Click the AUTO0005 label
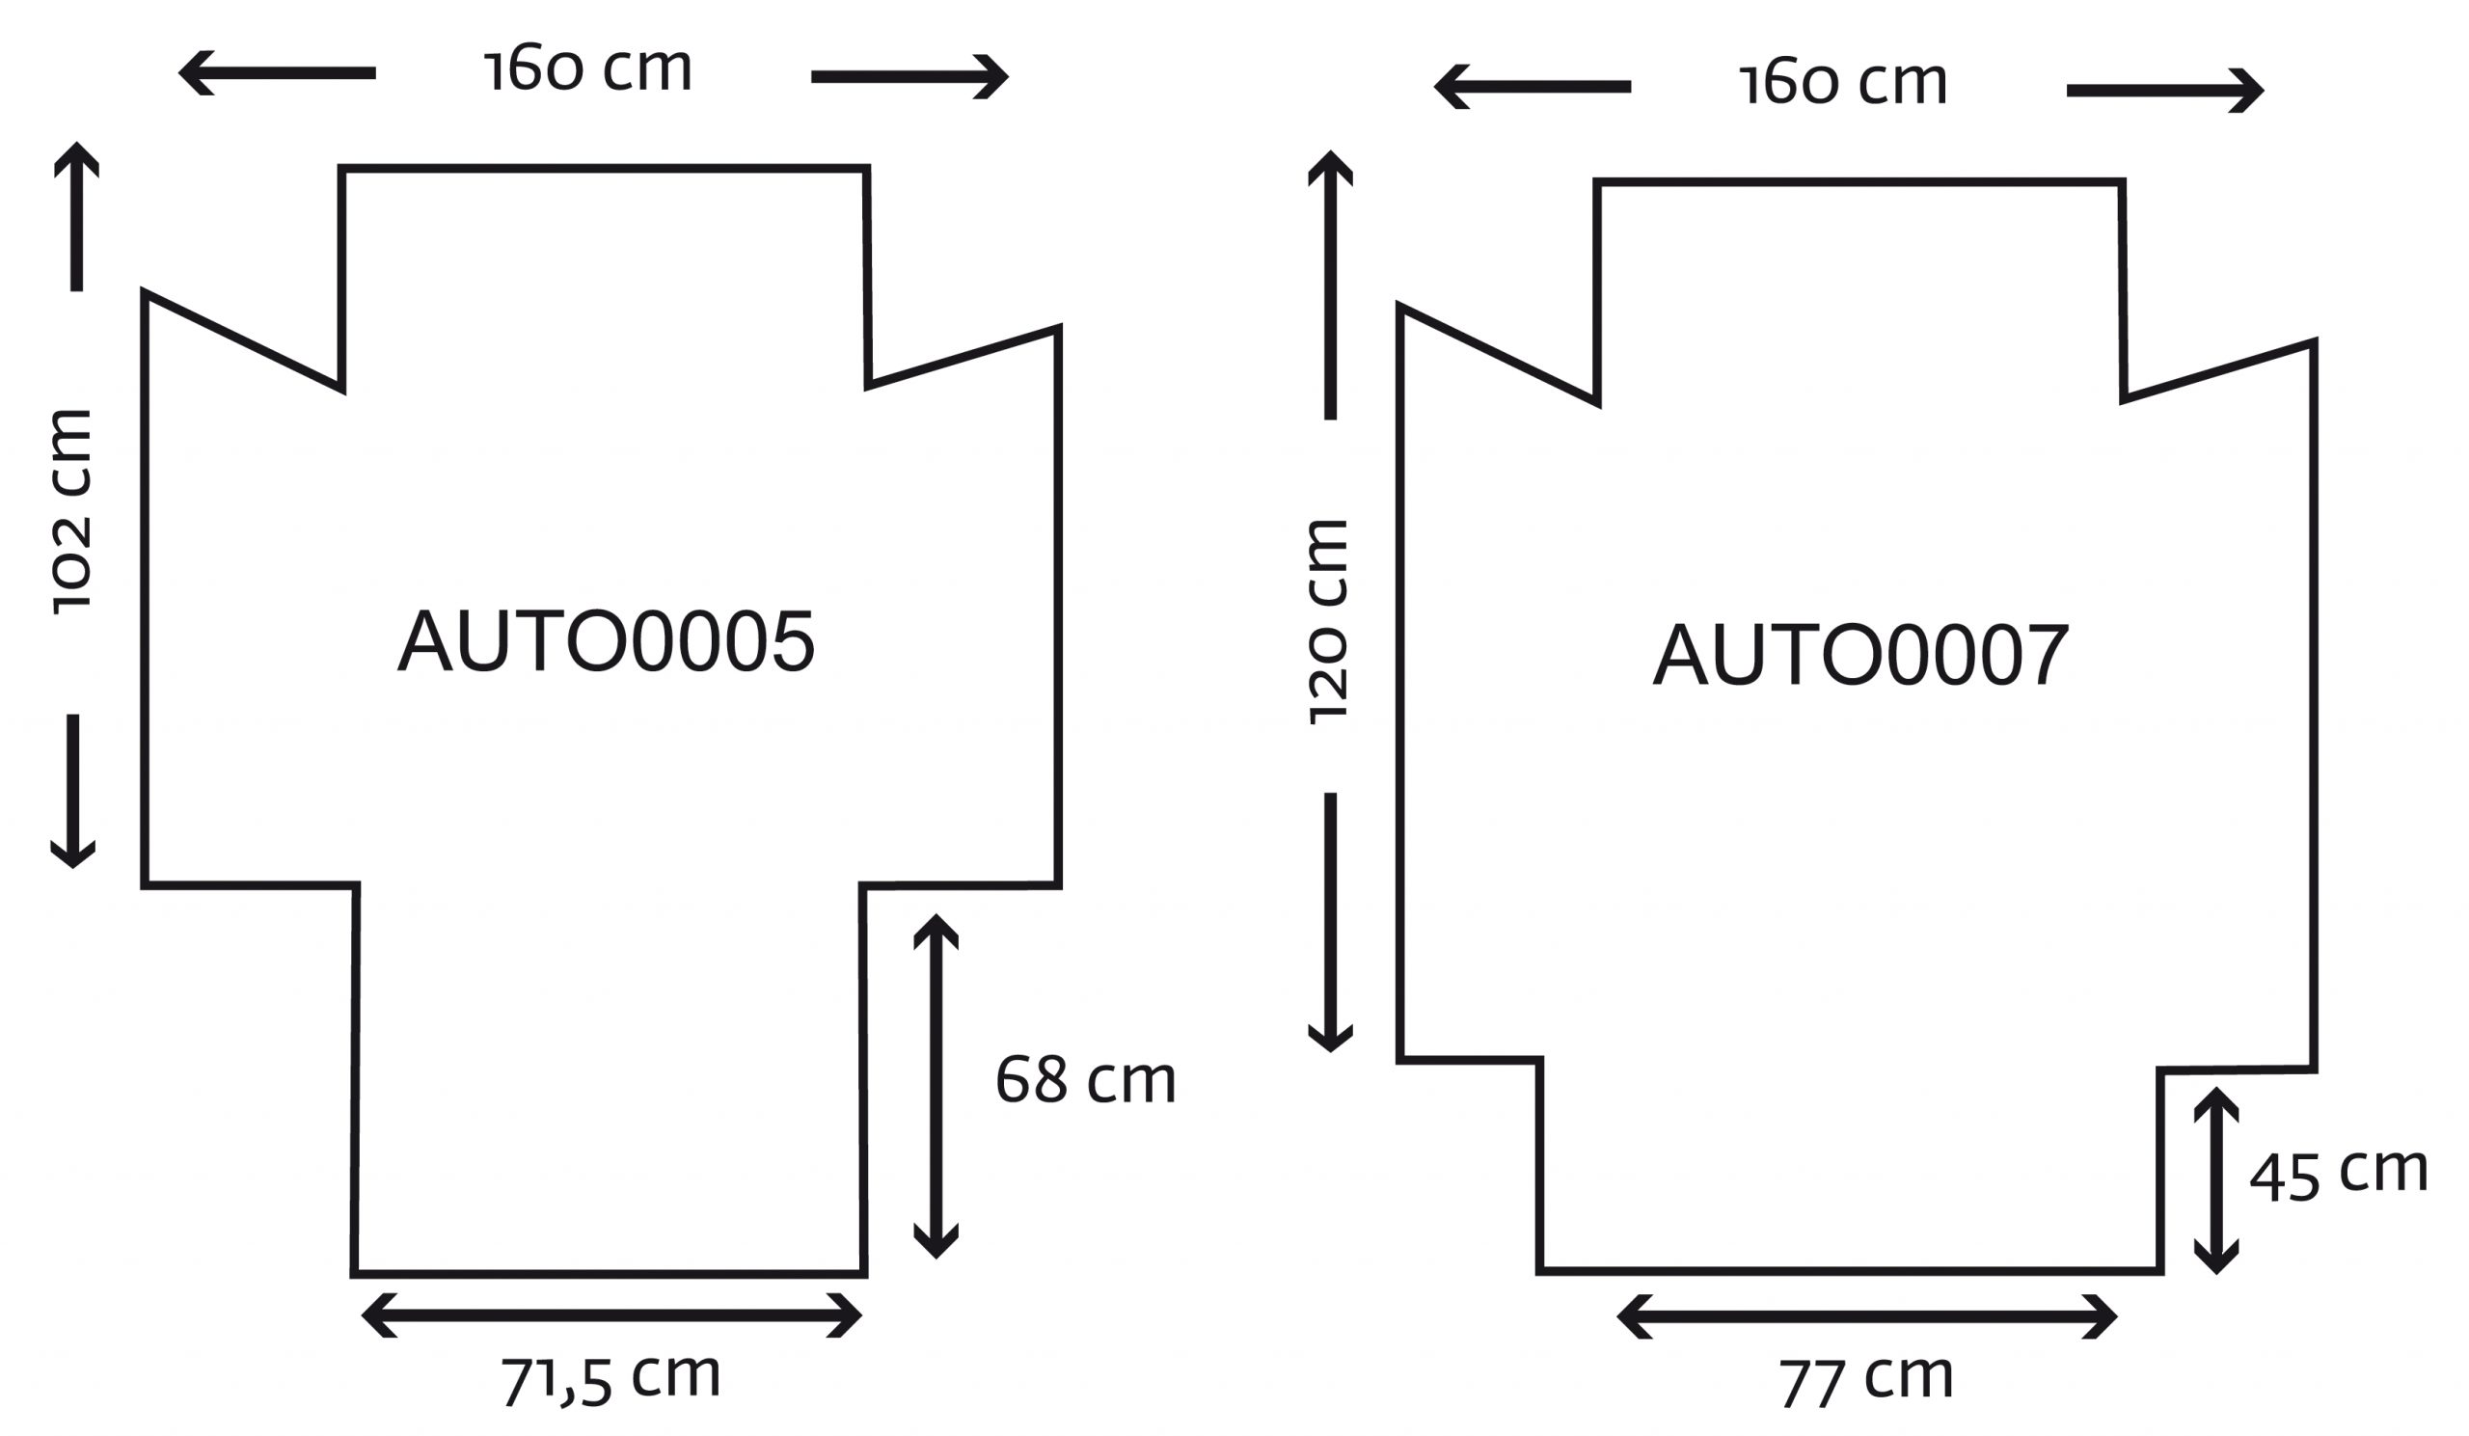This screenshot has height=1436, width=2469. point(607,640)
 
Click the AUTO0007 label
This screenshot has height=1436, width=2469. point(1861,654)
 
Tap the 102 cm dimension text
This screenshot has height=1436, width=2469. point(71,512)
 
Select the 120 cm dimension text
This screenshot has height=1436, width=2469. point(1329,623)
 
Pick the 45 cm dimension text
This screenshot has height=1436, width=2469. point(2339,1173)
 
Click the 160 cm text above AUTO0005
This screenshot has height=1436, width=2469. point(589,68)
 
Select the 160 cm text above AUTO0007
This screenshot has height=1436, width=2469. point(1844,82)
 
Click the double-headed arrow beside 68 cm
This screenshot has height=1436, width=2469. point(936,1086)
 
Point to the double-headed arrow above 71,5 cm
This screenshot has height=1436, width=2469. point(611,1315)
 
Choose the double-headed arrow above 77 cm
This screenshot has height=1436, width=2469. point(1866,1316)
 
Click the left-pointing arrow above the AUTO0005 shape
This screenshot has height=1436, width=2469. point(276,73)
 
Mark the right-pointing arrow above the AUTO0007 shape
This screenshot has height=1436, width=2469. point(2165,90)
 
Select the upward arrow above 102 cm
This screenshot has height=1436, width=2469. point(76,216)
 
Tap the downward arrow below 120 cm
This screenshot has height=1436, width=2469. point(1331,923)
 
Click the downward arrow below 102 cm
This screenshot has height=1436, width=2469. point(72,792)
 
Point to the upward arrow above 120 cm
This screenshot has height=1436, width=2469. point(1331,285)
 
